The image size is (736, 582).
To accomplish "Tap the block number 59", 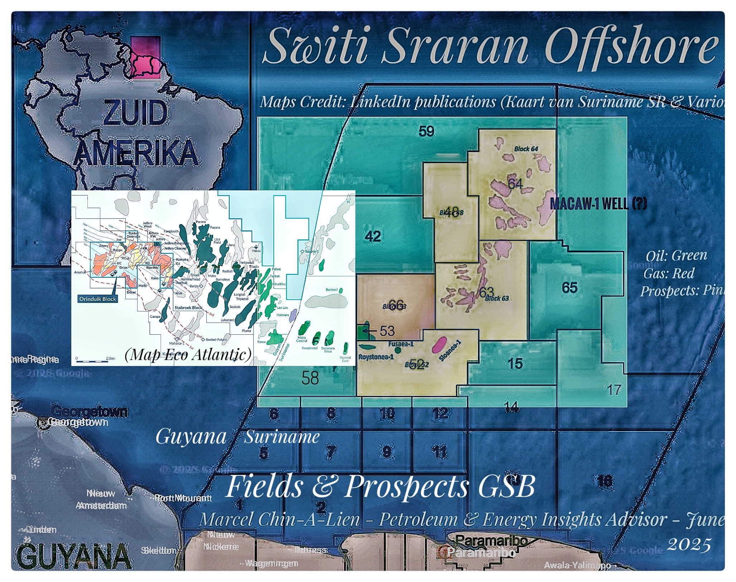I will click(426, 132).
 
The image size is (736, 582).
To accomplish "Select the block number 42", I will click(373, 236).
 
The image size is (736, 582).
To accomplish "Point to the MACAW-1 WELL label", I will click(598, 204).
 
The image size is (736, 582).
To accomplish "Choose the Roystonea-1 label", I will click(376, 357).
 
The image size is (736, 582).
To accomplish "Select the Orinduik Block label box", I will click(97, 299).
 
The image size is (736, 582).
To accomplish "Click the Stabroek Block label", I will click(188, 307).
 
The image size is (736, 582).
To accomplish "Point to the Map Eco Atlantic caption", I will click(188, 354).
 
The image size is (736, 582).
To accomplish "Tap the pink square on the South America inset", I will click(145, 57).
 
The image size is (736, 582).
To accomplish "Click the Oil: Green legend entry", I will click(676, 256).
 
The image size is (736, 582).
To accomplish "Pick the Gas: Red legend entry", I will click(669, 273).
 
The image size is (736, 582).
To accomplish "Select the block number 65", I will click(569, 287).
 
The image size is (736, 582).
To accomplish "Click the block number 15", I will click(515, 364).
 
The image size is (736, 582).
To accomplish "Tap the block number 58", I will click(310, 378).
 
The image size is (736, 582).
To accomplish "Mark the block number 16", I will click(605, 481).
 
